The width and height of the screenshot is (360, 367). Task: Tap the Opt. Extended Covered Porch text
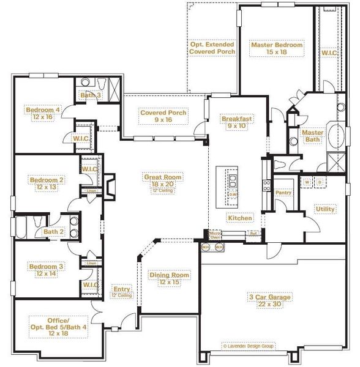(212, 48)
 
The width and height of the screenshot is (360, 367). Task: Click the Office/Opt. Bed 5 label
(59, 325)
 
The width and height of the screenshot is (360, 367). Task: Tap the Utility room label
(324, 209)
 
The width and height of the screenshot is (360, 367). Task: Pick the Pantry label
(283, 193)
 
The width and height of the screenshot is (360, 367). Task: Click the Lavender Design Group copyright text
(248, 346)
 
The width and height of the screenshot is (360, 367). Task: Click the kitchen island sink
(233, 180)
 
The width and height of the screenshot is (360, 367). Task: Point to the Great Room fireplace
(106, 186)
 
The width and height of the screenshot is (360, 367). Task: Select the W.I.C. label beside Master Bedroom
(329, 53)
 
